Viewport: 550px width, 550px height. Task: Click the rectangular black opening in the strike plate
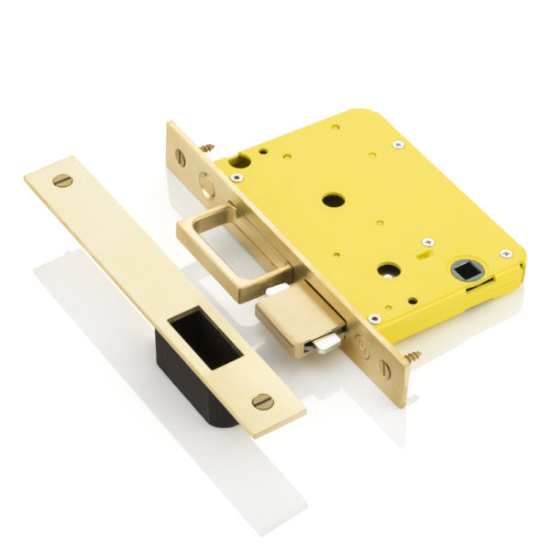[x=201, y=336]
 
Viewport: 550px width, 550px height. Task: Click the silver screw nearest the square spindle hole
[x=505, y=254]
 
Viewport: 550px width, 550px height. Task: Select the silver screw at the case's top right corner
[x=397, y=144]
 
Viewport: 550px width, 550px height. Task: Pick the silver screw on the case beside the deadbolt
[x=374, y=318]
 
